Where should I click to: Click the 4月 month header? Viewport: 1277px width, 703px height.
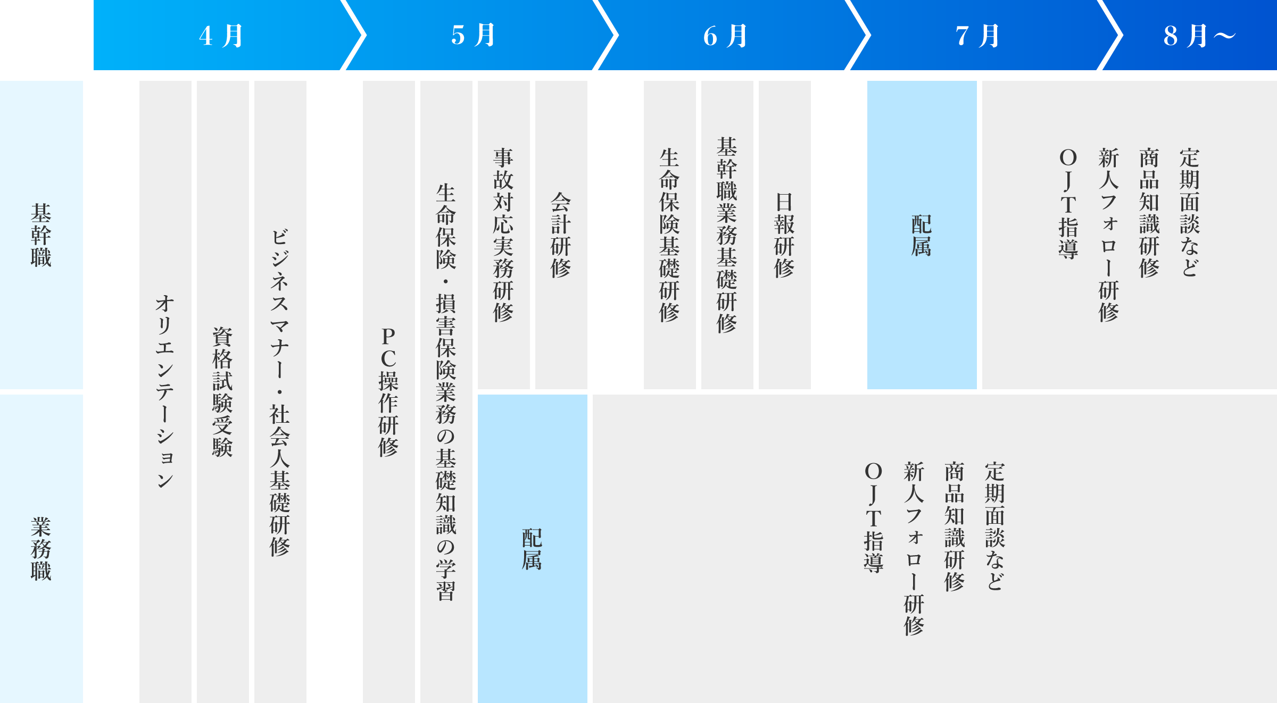click(x=221, y=36)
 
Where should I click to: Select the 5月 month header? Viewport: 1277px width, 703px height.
click(x=474, y=36)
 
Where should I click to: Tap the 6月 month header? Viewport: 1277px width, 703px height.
click(x=726, y=36)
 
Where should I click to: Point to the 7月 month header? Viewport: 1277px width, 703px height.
click(x=978, y=36)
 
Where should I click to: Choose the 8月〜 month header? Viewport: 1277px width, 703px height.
click(x=1199, y=36)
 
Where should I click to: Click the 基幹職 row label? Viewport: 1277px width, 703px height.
click(x=41, y=235)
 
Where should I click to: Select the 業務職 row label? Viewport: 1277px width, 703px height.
click(x=41, y=549)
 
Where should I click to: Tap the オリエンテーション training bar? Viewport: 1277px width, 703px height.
click(x=165, y=392)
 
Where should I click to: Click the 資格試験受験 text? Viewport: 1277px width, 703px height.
click(x=222, y=392)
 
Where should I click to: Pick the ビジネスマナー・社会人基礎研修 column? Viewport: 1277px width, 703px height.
click(x=280, y=392)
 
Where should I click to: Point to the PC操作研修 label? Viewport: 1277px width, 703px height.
click(x=388, y=392)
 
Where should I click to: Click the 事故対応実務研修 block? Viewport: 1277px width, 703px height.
click(x=504, y=235)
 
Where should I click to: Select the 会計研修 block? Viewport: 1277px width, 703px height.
click(x=561, y=235)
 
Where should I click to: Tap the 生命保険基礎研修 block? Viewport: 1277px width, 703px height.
click(x=670, y=235)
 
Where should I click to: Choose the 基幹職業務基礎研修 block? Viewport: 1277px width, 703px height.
click(x=727, y=235)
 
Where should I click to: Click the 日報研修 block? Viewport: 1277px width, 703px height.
click(x=785, y=235)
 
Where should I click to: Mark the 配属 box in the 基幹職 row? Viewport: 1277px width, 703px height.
click(x=922, y=235)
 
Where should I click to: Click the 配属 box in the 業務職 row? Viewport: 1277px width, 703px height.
click(x=533, y=549)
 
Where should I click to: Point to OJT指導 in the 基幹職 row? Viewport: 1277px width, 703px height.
click(x=1068, y=203)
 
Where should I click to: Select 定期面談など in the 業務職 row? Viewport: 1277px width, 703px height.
click(x=995, y=526)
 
